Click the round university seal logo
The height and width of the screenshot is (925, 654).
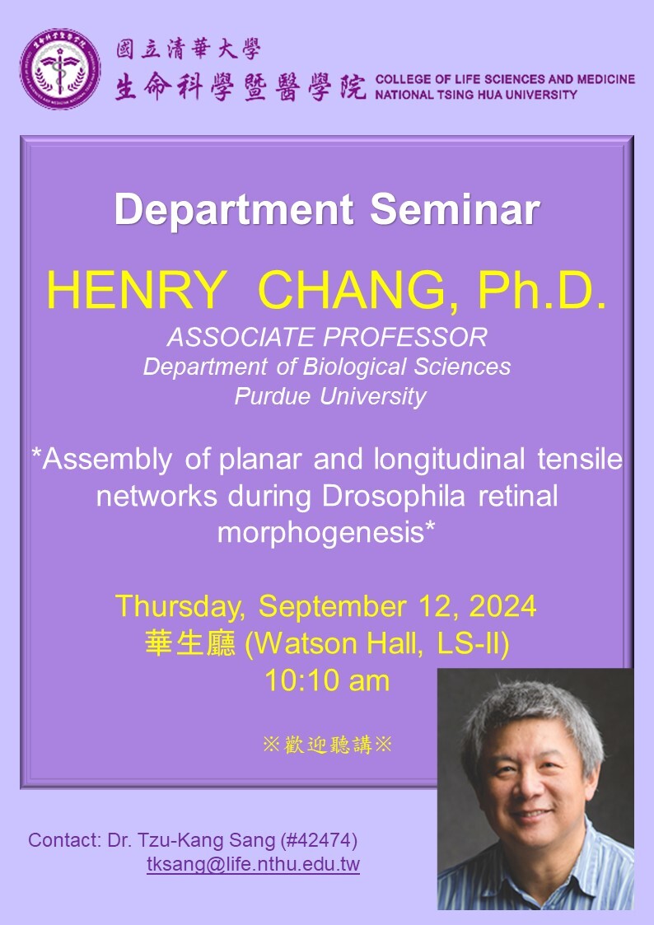(60, 68)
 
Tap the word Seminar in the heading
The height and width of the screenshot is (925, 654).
(455, 209)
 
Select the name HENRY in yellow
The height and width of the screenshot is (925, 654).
(136, 290)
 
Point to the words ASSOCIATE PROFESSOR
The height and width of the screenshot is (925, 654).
(327, 338)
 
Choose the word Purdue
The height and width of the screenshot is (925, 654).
(273, 396)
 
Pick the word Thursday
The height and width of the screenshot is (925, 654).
(180, 607)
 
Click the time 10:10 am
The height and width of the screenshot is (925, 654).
(327, 680)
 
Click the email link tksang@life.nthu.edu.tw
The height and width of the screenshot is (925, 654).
(253, 864)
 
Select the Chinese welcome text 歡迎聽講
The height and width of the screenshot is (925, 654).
(328, 745)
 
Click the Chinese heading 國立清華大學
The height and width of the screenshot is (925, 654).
(188, 49)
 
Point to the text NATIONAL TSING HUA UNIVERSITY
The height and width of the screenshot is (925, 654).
(476, 95)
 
